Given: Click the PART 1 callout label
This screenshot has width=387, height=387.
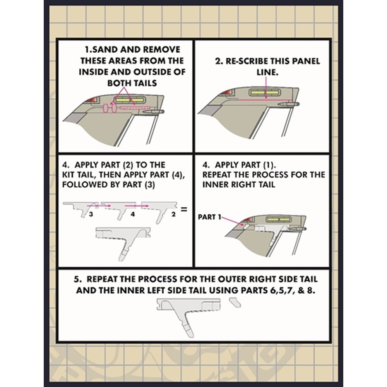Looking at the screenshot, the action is (x=209, y=217).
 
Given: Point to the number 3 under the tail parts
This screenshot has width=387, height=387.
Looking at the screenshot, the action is (x=91, y=214).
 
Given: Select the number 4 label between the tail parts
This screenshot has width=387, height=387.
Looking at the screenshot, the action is (x=132, y=214).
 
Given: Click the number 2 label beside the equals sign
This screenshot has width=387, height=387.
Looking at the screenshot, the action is (x=173, y=214).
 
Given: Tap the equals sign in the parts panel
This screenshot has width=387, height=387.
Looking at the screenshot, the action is (x=183, y=209).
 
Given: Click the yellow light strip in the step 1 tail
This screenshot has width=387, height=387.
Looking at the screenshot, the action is (x=130, y=100).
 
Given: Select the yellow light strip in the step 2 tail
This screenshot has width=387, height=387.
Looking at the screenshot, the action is (x=265, y=92).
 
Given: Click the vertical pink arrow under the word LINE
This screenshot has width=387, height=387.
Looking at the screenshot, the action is (x=266, y=88).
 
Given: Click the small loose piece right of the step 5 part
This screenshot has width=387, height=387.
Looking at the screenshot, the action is (x=235, y=302).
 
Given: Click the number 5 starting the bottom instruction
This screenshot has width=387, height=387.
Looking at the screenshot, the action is (x=77, y=279).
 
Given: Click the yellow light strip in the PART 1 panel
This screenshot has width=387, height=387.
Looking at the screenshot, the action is (x=278, y=219).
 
